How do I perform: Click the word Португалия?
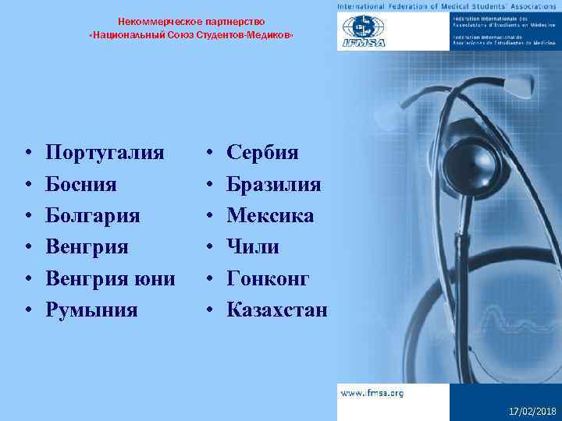point(105,152)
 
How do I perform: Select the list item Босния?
point(81,184)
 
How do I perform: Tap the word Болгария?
point(93,216)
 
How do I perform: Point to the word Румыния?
point(91,310)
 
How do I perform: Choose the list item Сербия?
point(262,152)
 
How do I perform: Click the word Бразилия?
point(273,184)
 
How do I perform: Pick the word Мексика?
point(270,215)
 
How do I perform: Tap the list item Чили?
point(252,246)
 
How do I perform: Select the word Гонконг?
point(268,278)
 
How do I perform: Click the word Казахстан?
point(277,310)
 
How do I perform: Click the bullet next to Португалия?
point(27,154)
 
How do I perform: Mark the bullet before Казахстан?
point(208,311)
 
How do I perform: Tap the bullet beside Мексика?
point(208,217)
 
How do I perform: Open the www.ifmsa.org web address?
point(372,393)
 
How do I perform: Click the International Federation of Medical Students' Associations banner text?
point(448,6)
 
